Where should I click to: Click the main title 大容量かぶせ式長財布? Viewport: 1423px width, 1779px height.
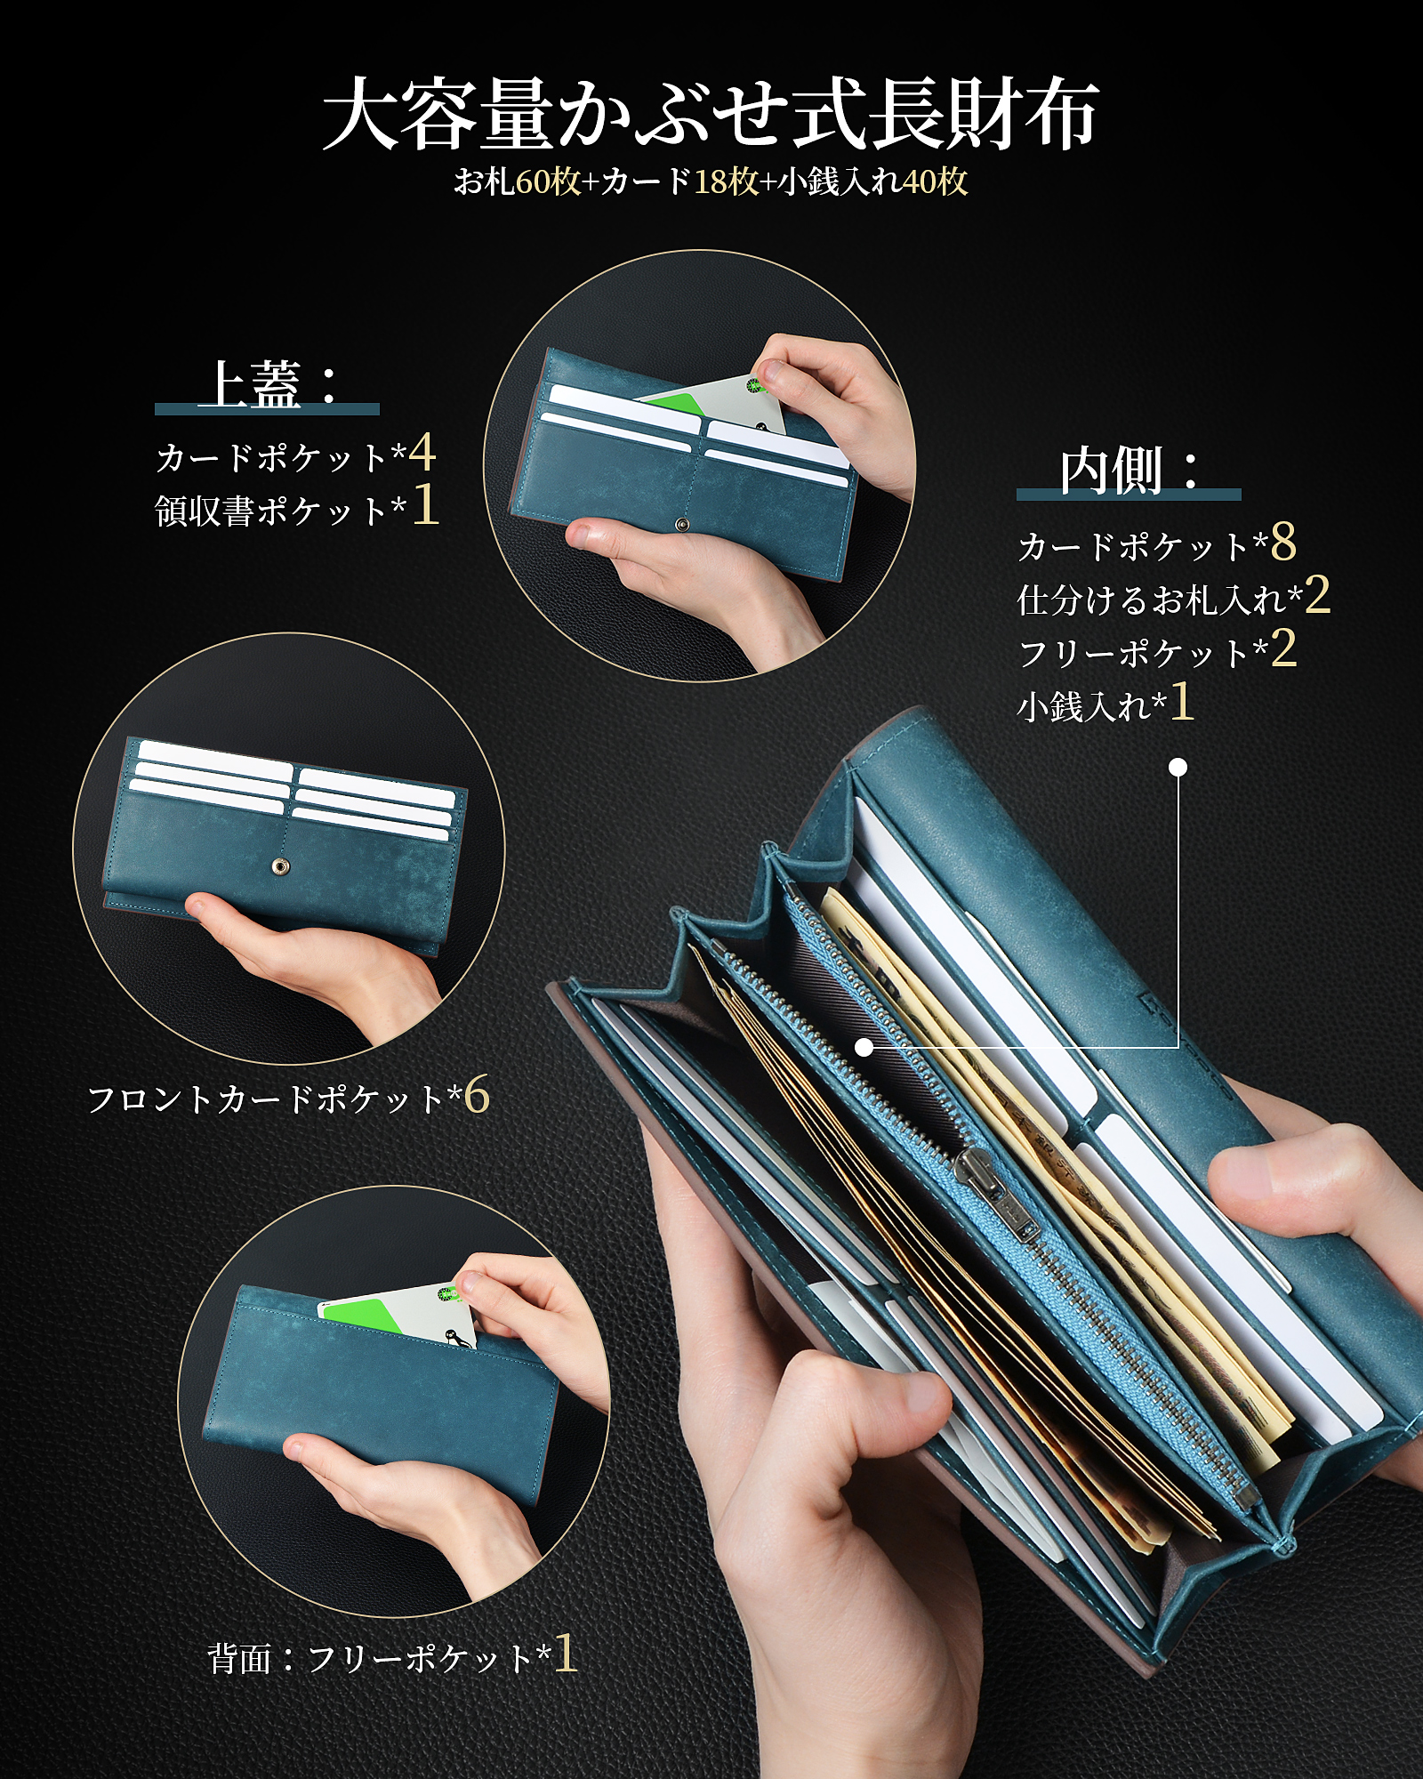click(x=711, y=115)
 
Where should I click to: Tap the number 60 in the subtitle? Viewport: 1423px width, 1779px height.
click(x=534, y=182)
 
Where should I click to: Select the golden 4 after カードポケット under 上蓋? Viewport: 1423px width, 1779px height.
click(x=422, y=453)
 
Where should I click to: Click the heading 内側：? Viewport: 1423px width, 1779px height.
click(x=1130, y=471)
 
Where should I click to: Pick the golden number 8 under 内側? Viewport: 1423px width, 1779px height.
click(x=1283, y=542)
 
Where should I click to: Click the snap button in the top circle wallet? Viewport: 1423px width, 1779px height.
click(x=682, y=526)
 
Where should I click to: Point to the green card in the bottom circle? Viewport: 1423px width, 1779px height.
click(x=365, y=1313)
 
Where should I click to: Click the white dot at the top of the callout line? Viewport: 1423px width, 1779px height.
click(x=1178, y=767)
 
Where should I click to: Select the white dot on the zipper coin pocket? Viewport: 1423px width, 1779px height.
click(x=864, y=1047)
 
